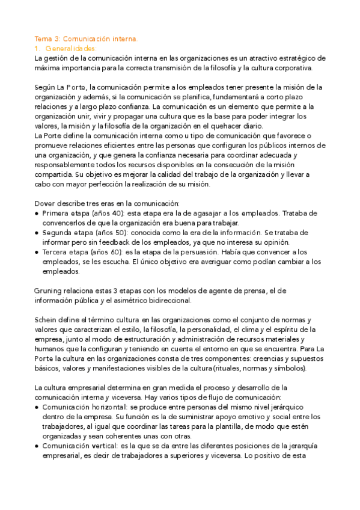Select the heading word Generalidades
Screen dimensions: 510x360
coord(70,48)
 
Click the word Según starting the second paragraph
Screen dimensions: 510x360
coord(46,87)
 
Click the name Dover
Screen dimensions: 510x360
coord(46,203)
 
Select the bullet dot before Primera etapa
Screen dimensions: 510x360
coord(37,213)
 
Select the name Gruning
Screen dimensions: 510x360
coord(50,290)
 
